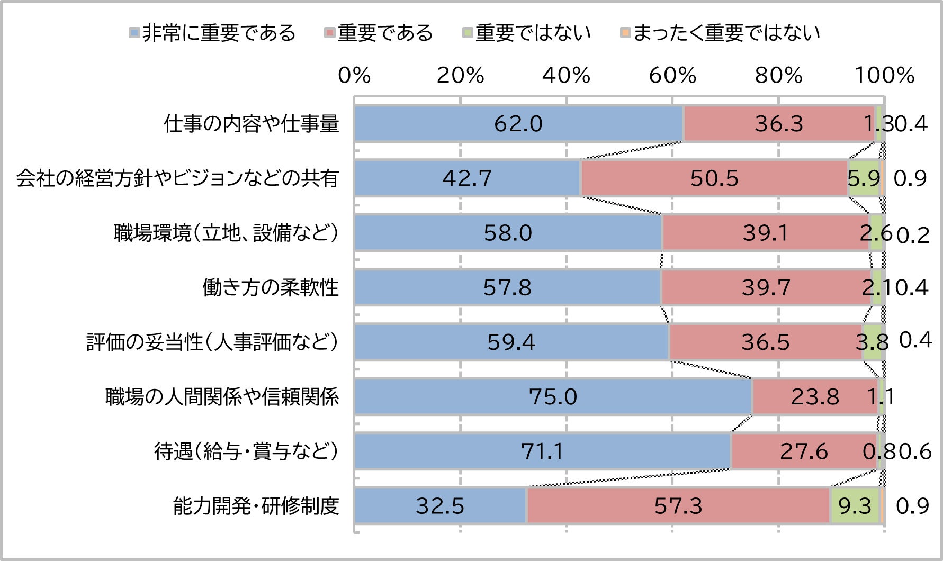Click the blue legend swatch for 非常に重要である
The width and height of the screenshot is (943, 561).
134,33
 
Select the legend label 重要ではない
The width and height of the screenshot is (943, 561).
533,33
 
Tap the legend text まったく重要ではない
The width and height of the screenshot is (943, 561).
726,33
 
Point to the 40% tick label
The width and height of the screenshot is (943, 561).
566,76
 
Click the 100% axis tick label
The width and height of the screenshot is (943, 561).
885,76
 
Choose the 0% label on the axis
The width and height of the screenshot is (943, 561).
354,76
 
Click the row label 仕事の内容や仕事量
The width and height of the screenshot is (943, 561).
251,124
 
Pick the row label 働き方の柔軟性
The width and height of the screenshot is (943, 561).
270,287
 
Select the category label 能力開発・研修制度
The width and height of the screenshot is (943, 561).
256,506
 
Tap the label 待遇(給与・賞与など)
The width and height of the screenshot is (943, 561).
246,451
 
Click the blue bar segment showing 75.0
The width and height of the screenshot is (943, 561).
553,396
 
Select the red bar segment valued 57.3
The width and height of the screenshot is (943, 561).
678,506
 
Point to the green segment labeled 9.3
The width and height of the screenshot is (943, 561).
855,506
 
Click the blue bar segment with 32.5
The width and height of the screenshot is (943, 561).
440,506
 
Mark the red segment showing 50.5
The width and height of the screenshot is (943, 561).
714,178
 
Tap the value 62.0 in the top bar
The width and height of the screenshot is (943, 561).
518,124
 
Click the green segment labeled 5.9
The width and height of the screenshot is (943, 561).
864,178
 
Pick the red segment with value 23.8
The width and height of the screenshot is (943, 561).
815,396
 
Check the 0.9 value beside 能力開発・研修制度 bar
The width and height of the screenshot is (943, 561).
912,506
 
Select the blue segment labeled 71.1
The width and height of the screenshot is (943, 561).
542,451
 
